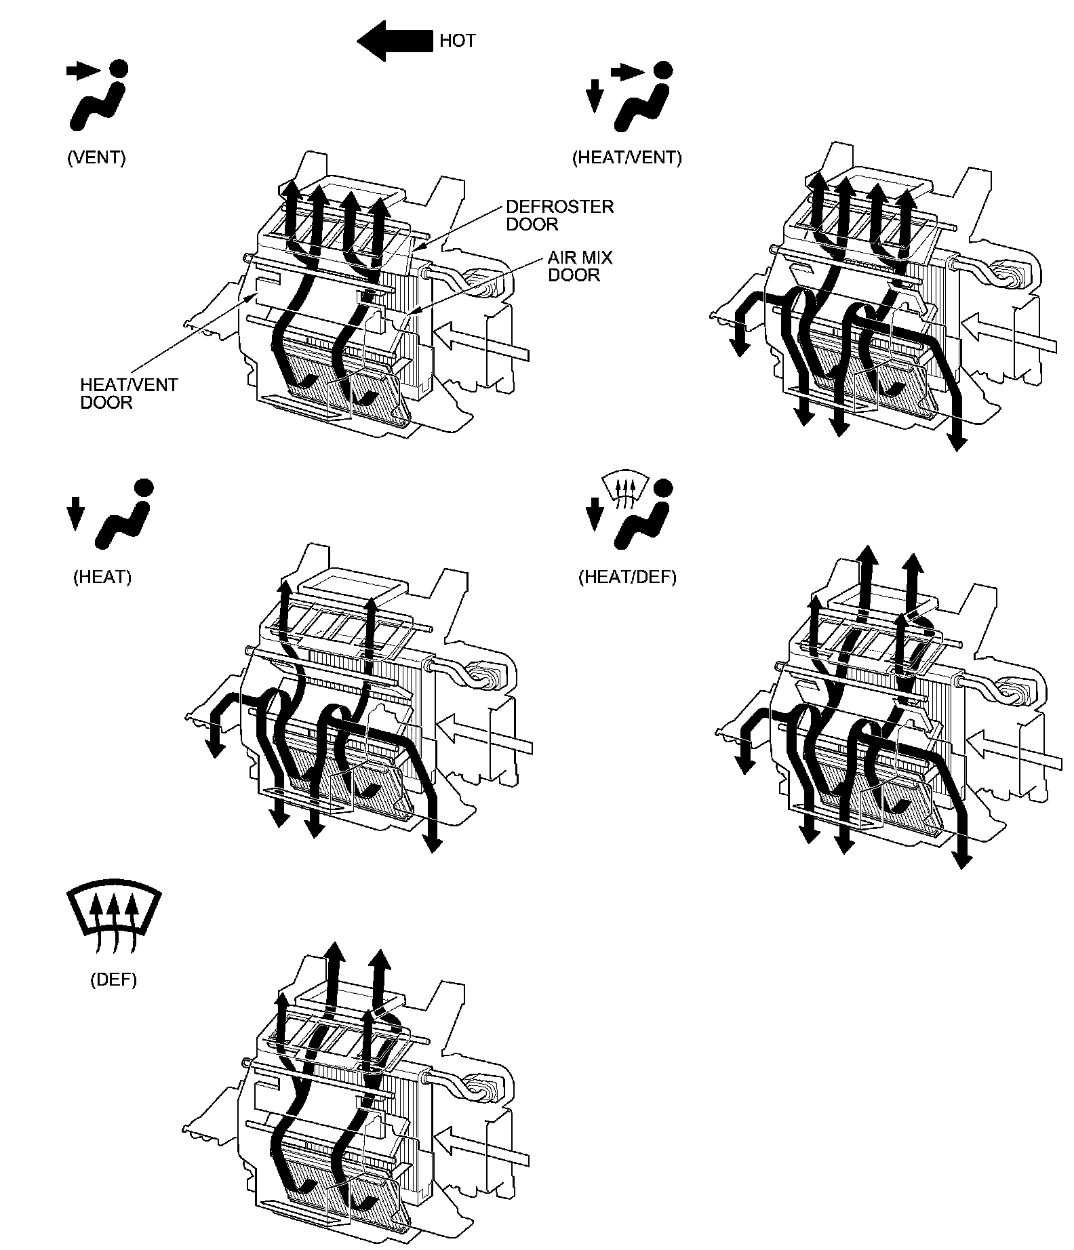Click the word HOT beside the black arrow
[457, 41]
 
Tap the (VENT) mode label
[96, 157]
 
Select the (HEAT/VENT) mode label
[626, 158]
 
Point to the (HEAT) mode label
[102, 577]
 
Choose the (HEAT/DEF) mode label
[626, 577]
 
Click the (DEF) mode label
[113, 980]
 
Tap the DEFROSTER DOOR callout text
[559, 215]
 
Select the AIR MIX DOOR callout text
[580, 266]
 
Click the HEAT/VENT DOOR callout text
[129, 394]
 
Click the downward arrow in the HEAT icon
[76, 512]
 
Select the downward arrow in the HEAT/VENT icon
[595, 96]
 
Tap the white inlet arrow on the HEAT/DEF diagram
[1013, 752]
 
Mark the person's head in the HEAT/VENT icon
[662, 69]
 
